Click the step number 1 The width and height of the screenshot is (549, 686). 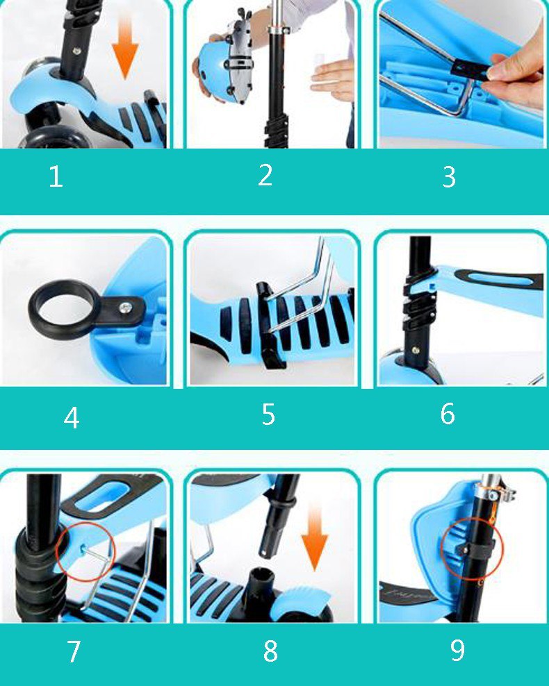click(56, 177)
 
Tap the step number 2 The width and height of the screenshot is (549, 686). click(265, 175)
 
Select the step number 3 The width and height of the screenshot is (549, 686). click(449, 177)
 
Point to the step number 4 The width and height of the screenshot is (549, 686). click(72, 418)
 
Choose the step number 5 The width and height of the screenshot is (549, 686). click(268, 415)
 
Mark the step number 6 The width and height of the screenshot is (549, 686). click(448, 413)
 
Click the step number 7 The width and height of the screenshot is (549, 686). click(74, 651)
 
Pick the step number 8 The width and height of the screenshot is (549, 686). click(270, 651)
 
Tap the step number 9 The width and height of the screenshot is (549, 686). click(457, 650)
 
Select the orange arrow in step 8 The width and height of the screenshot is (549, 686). click(314, 536)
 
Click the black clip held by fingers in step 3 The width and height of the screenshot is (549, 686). click(470, 69)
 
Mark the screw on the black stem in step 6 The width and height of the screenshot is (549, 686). click(416, 350)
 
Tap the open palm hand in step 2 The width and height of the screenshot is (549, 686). click(333, 78)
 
